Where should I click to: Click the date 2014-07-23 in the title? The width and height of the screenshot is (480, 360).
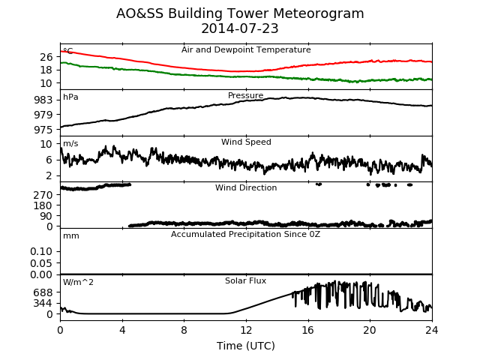240,28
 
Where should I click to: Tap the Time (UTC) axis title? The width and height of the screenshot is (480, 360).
246,346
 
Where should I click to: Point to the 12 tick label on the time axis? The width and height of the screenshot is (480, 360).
246,330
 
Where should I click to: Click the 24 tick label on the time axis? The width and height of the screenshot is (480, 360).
432,330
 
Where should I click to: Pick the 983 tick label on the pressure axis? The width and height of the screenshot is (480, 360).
43,100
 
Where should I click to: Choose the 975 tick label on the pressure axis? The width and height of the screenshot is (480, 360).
43,130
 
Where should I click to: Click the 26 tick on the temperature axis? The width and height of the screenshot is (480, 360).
46,57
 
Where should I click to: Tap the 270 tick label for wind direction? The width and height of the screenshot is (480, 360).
43,195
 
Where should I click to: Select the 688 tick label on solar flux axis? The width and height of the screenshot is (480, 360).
43,292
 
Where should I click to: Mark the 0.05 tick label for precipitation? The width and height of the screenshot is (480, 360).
41,263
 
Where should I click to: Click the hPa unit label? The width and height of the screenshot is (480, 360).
70,97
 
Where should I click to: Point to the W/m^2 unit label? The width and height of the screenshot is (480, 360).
78,282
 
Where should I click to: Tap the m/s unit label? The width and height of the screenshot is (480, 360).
70,143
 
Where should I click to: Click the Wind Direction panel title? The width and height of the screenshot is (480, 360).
246,187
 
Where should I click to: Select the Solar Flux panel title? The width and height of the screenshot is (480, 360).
245,280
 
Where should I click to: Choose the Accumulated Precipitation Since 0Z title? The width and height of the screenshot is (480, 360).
245,235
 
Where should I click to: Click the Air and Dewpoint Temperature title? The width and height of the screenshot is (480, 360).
246,49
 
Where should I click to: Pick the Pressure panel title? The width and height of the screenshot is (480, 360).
245,95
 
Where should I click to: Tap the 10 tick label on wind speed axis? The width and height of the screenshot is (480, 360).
46,144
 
